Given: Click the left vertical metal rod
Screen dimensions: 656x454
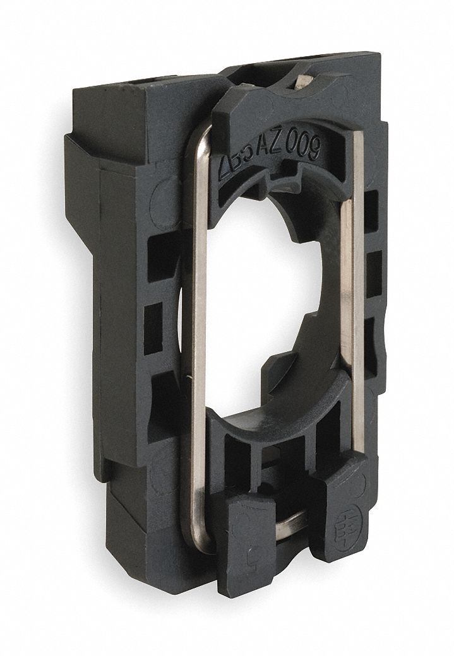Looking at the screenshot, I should click(198, 315).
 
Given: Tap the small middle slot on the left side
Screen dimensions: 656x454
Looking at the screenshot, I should click(153, 328).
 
